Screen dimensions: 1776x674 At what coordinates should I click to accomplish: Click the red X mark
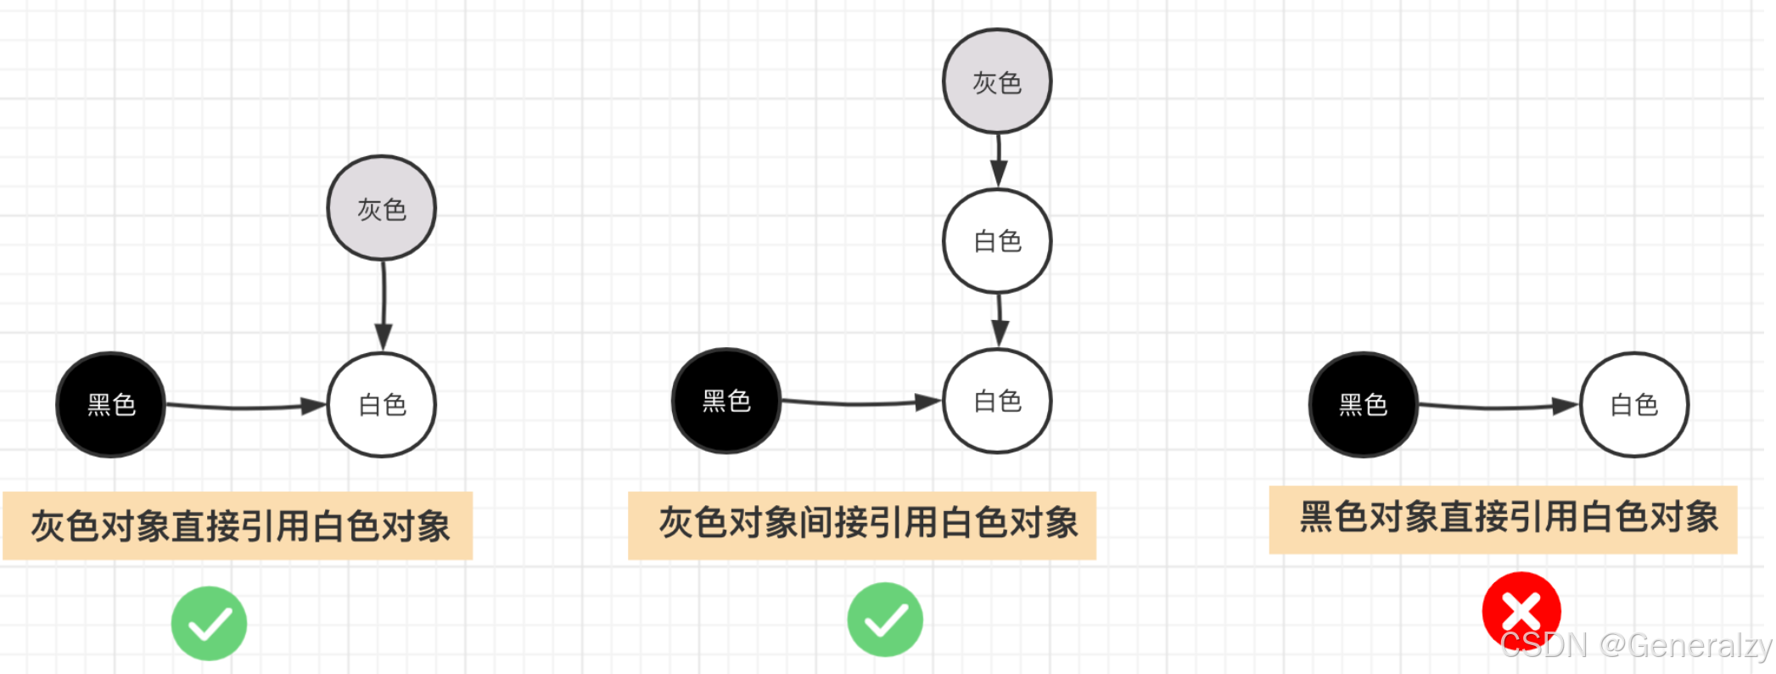point(1521,610)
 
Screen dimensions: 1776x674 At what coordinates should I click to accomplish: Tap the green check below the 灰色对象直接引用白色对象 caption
point(209,624)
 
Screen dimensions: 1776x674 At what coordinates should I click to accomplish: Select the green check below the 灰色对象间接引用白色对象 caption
point(885,620)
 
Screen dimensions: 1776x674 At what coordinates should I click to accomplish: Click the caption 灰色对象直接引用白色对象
point(238,525)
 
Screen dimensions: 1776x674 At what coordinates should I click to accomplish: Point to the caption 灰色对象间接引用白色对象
point(863,524)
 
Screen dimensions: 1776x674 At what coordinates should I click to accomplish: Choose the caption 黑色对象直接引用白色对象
point(1504,519)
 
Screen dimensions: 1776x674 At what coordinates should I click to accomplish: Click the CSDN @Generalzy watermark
point(1633,646)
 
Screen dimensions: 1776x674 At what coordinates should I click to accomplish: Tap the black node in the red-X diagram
point(1363,405)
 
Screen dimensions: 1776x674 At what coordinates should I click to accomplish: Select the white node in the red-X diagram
point(1634,405)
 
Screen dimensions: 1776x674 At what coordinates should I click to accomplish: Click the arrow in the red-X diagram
point(1498,407)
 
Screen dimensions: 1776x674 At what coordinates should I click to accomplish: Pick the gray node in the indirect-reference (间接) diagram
point(997,81)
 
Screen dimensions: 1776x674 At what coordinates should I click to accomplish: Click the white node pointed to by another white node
point(997,401)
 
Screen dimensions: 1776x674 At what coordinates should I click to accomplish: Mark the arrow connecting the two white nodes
point(1000,320)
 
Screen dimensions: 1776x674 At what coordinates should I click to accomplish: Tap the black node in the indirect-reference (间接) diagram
point(726,401)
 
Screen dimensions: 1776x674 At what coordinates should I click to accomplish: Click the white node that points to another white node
point(997,241)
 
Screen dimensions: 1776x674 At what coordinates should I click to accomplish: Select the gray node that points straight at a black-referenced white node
point(382,208)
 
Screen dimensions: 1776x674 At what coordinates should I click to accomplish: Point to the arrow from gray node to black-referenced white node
point(384,306)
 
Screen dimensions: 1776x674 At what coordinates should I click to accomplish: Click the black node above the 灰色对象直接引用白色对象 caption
point(111,405)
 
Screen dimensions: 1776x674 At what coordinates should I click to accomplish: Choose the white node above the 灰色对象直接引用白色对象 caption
point(382,405)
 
